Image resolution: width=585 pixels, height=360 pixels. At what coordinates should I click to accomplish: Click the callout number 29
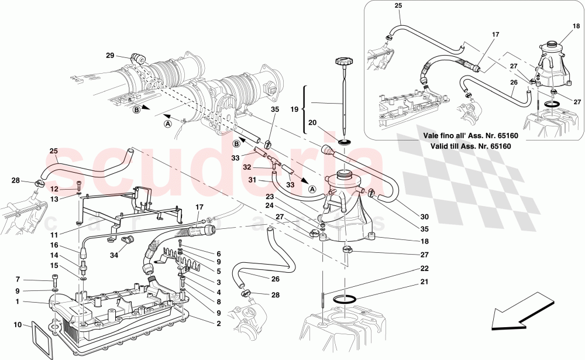coord(109,56)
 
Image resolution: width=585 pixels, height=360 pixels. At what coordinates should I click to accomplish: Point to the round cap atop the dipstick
coord(342,61)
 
